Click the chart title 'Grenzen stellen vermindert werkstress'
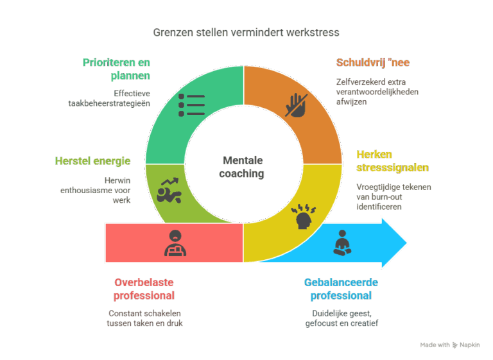[x=246, y=32]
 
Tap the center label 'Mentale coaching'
[x=242, y=167]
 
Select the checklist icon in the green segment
[x=191, y=105]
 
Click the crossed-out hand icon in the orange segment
[x=296, y=105]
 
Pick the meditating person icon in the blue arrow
[x=342, y=243]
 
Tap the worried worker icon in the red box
[x=175, y=243]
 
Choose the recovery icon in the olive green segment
[x=169, y=191]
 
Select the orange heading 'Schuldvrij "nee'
[x=373, y=63]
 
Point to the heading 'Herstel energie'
[x=92, y=161]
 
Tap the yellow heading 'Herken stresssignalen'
[x=392, y=161]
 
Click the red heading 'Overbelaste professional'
[x=144, y=289]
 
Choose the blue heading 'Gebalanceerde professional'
[x=341, y=289]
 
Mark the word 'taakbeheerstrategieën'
[x=109, y=103]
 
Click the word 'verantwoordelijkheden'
[x=377, y=92]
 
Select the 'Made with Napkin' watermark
[x=450, y=345]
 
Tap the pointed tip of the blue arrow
[x=406, y=243]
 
